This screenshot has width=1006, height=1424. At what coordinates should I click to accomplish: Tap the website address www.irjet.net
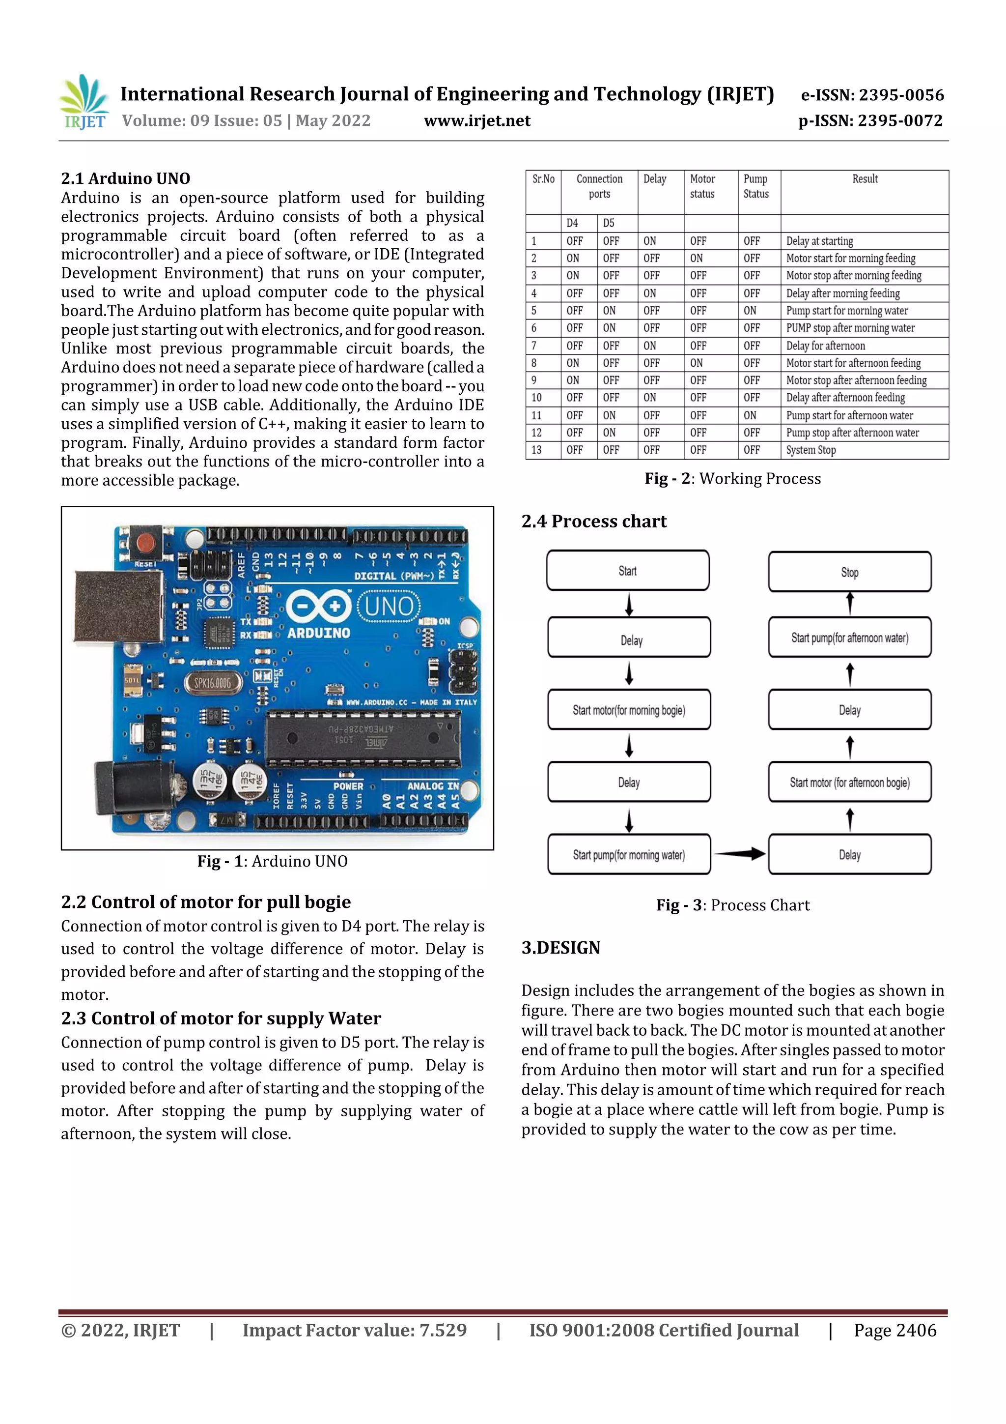click(476, 121)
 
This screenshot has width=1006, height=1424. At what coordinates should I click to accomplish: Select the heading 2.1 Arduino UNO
click(125, 178)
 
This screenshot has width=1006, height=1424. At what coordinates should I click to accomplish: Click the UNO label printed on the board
click(389, 606)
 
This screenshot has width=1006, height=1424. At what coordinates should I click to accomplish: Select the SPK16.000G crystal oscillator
click(212, 683)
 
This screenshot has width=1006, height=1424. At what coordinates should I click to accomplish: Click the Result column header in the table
click(864, 179)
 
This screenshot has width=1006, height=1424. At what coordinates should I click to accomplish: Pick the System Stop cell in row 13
click(811, 450)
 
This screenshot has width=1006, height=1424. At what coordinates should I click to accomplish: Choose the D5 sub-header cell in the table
click(609, 223)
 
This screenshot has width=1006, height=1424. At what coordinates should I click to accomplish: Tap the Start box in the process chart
click(627, 571)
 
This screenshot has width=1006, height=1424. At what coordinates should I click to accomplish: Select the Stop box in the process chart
click(849, 572)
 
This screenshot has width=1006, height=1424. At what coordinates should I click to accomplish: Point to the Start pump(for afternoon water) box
click(849, 638)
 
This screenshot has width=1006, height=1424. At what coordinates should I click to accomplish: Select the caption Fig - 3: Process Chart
click(733, 905)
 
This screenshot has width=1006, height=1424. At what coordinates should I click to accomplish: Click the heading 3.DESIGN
click(560, 948)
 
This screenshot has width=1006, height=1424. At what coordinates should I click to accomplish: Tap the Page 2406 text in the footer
click(894, 1330)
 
